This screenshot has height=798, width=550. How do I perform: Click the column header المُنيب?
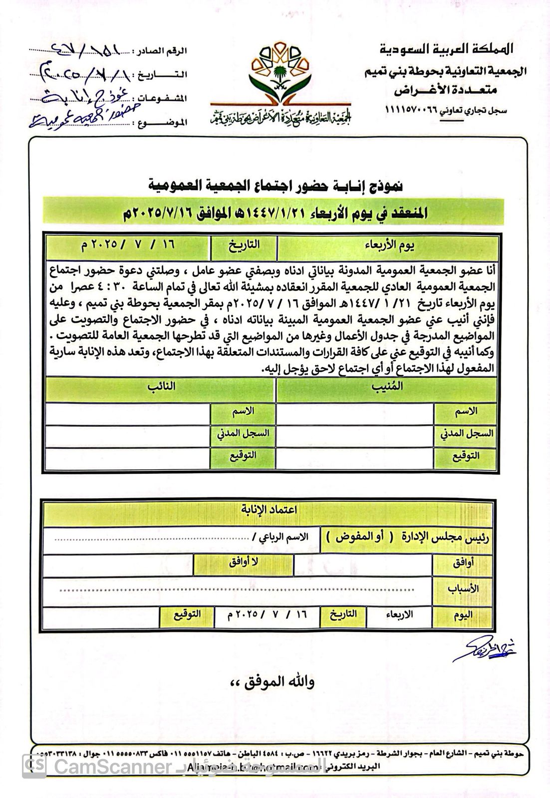[x=387, y=387]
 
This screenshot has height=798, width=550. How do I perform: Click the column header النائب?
[x=160, y=387]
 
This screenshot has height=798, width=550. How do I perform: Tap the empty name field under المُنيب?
[x=355, y=412]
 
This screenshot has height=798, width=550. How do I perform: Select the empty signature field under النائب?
[x=127, y=456]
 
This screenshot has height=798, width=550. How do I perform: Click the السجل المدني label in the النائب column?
[x=243, y=434]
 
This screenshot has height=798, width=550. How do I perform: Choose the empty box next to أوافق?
[x=363, y=564]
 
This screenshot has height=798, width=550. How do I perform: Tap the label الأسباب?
[x=463, y=589]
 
